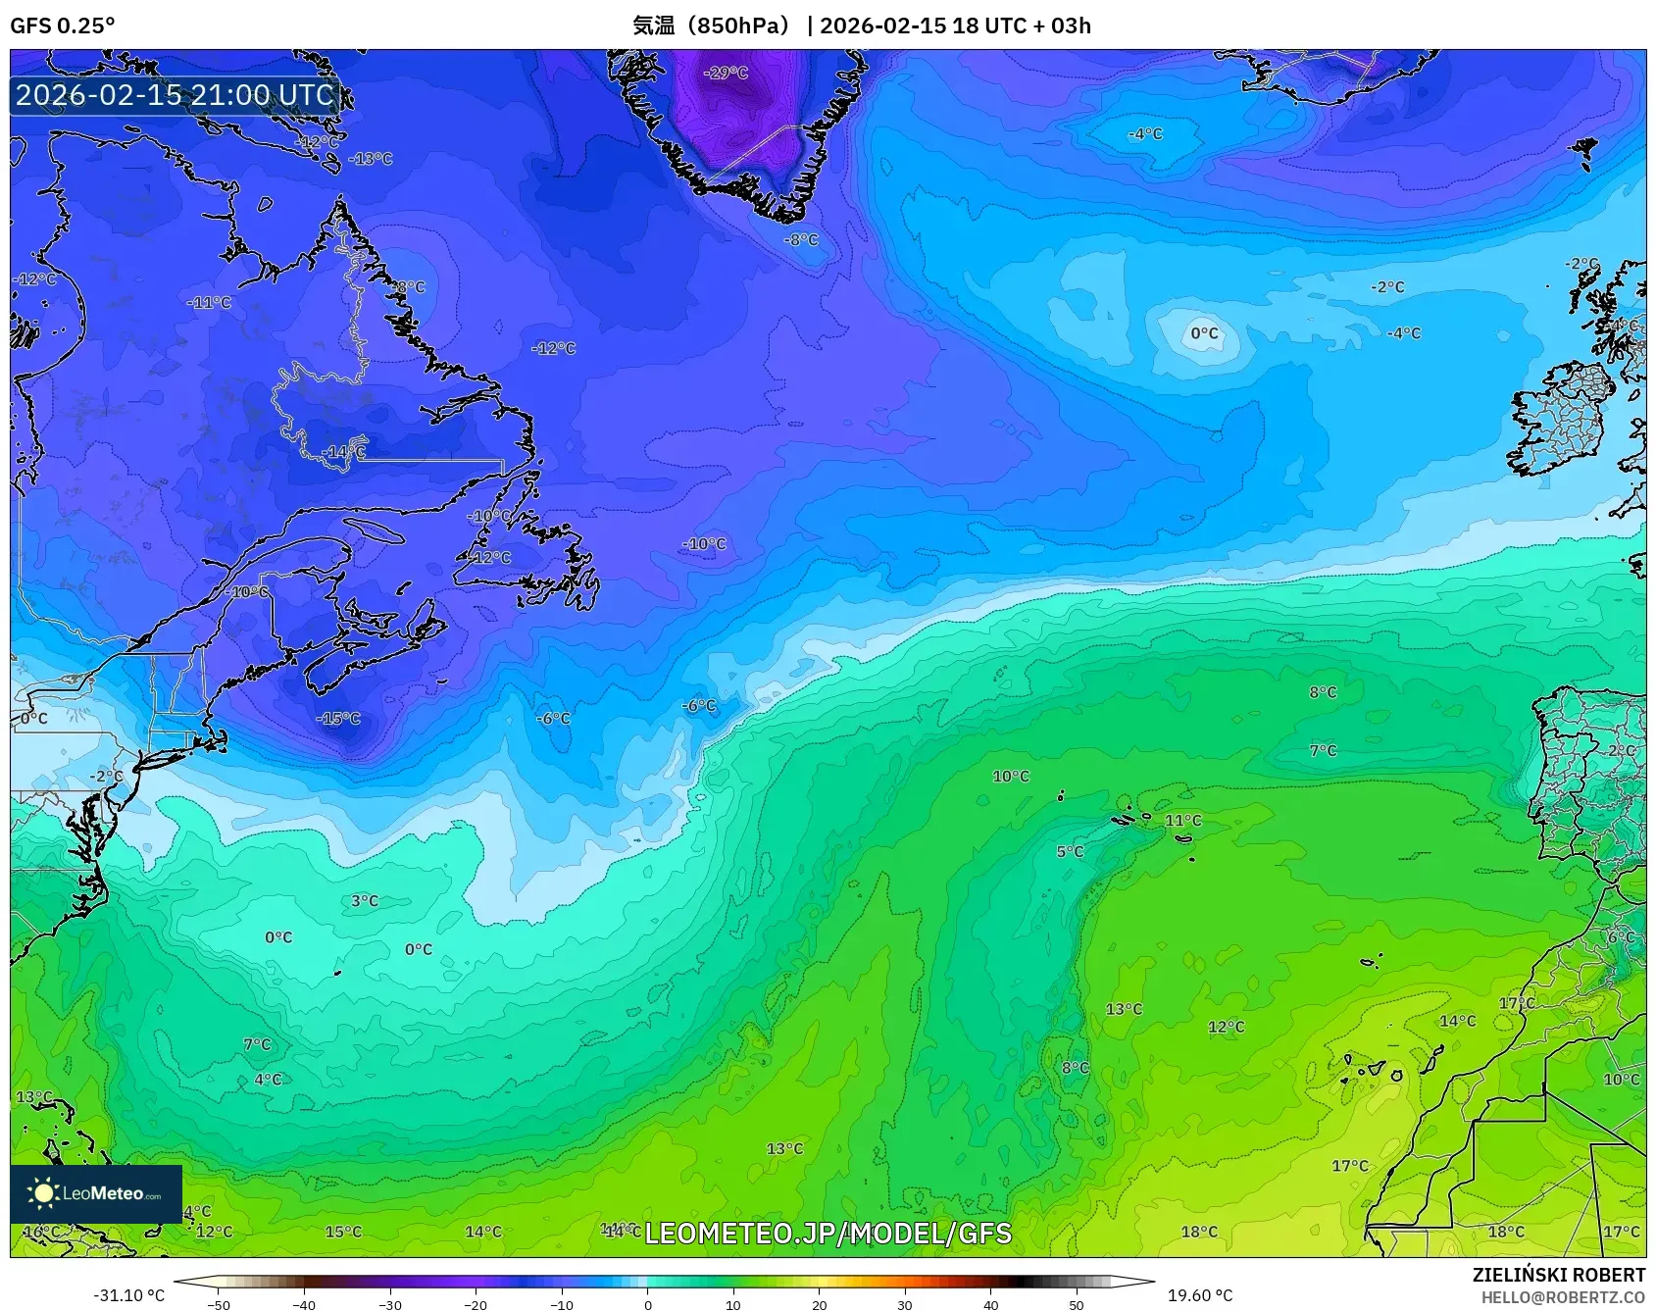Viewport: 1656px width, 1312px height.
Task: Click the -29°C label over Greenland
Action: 726,73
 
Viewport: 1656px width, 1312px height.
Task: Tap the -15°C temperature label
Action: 338,719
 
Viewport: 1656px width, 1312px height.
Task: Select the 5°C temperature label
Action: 1070,851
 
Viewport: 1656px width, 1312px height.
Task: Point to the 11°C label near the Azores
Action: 1182,820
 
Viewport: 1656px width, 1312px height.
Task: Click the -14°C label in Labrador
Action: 343,452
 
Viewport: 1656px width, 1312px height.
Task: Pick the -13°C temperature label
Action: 371,158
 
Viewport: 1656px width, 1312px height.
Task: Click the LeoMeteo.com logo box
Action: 96,1193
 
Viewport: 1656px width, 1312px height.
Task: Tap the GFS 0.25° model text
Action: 62,25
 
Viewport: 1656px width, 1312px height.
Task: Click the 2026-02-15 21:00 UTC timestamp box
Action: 176,95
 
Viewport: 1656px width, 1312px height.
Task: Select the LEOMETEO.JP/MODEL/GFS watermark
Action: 828,1233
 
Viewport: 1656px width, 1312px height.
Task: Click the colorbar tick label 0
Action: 647,1305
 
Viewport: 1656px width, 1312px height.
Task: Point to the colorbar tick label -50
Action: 219,1305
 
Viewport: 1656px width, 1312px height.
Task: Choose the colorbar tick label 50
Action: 1077,1305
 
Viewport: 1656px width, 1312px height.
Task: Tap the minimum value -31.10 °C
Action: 128,1295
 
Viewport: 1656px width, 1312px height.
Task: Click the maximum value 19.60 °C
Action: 1199,1295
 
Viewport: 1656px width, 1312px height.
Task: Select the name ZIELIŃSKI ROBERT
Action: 1559,1275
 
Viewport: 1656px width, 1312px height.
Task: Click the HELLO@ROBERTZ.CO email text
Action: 1563,1297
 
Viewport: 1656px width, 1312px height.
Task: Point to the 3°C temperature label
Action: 364,900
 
